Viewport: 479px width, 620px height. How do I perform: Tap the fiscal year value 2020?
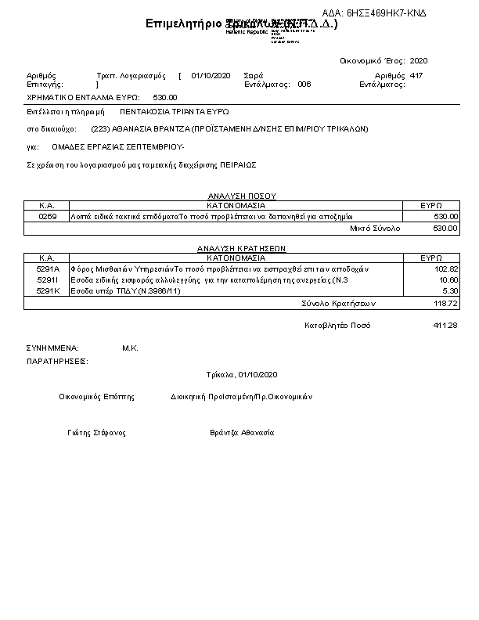419,60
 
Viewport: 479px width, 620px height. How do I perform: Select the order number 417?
416,75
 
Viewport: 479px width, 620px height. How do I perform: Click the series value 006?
304,84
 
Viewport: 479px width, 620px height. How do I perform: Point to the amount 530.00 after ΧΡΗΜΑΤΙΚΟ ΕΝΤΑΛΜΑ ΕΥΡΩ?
165,97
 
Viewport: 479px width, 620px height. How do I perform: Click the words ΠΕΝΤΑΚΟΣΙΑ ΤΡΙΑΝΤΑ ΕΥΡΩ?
175,112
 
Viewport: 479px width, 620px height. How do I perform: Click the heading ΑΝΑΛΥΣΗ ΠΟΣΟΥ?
242,195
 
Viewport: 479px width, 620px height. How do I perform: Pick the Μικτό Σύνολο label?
374,228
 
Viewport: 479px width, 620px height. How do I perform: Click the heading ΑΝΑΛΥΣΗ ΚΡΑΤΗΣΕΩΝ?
241,247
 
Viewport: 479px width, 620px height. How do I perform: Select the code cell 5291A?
48,269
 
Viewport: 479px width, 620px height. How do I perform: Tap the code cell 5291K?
48,290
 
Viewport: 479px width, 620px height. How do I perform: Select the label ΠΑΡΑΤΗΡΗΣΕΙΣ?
57,362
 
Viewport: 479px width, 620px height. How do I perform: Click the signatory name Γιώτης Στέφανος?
96,433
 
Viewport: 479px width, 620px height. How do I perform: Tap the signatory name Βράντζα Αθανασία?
242,433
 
